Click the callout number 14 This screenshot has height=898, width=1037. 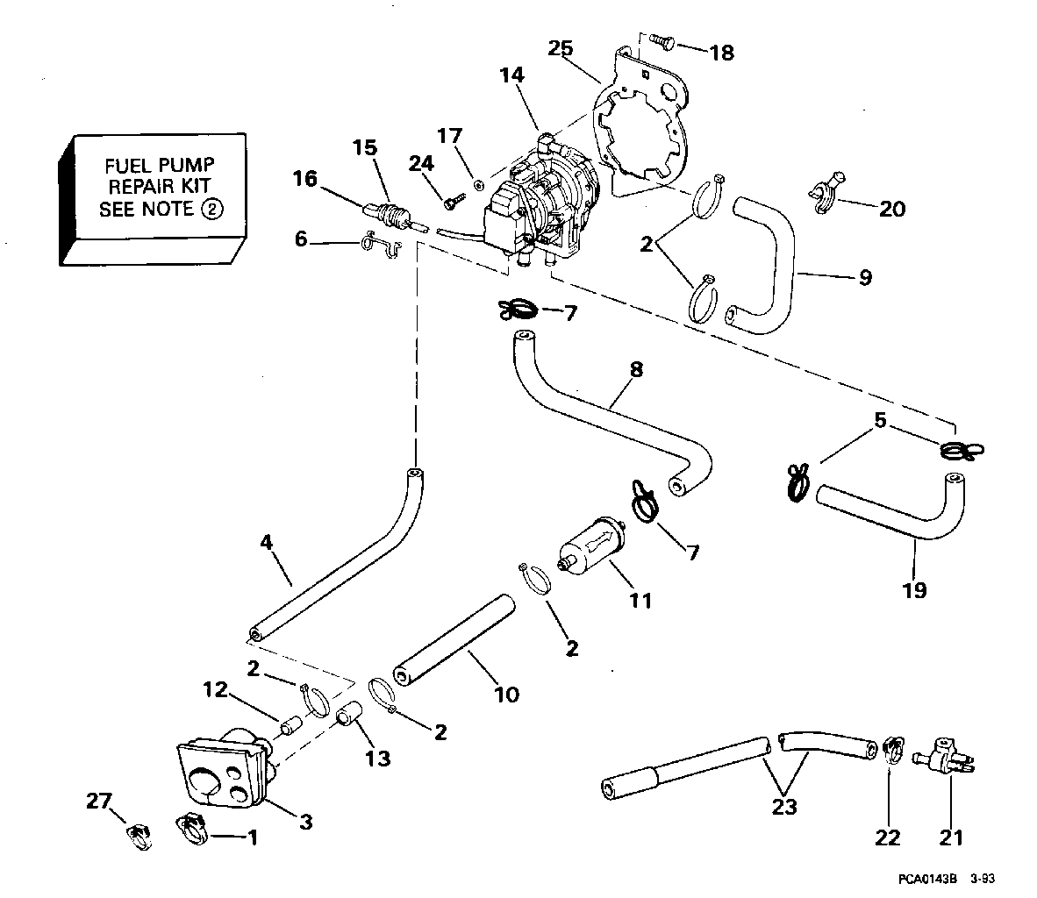click(x=511, y=75)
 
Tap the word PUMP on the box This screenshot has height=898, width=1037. click(x=192, y=164)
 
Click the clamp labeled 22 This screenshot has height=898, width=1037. click(x=894, y=748)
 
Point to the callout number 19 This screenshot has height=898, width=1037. click(x=914, y=590)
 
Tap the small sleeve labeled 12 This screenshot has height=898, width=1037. click(x=290, y=727)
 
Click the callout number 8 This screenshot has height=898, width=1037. click(x=635, y=369)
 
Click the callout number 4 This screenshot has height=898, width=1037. click(x=268, y=543)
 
